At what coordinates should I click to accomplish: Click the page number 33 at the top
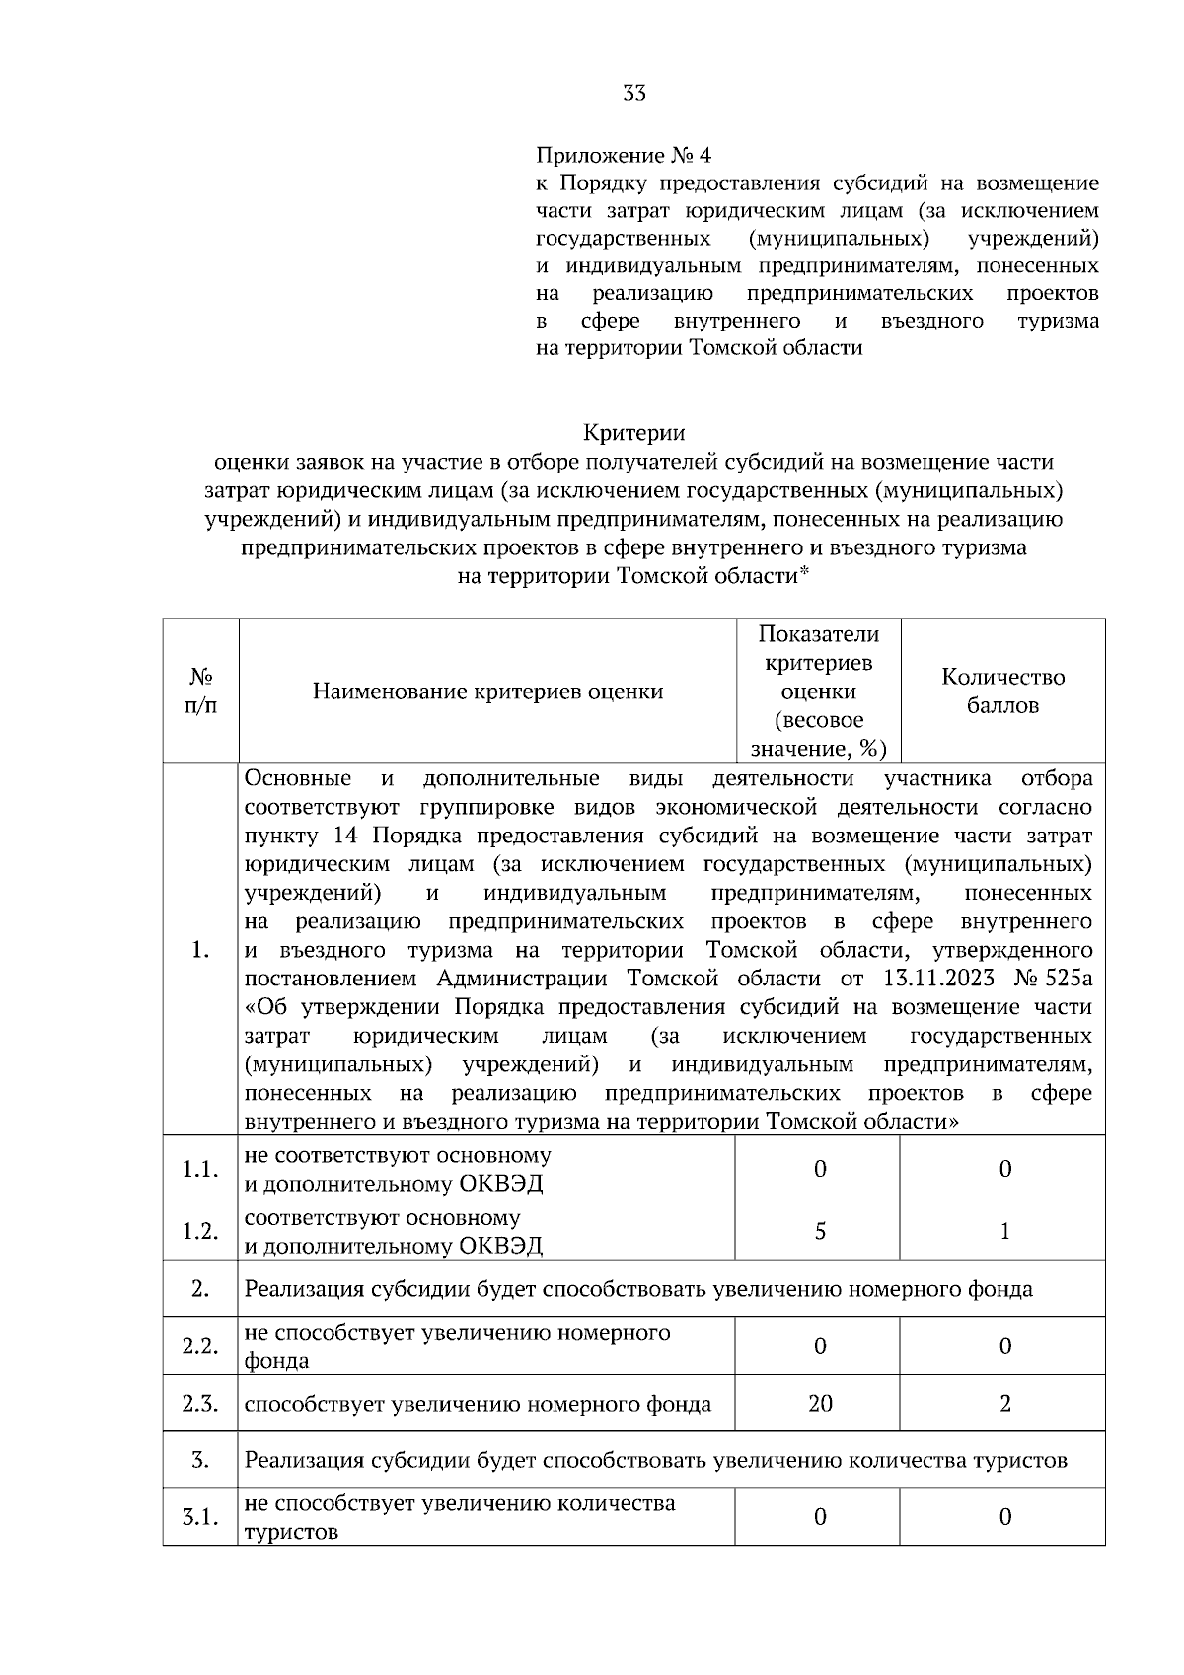tap(634, 94)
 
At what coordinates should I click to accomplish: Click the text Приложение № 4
tap(622, 156)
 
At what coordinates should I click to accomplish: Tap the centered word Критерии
tap(633, 433)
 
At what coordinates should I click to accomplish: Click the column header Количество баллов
tap(1002, 691)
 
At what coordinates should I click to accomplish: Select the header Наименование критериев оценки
tap(487, 692)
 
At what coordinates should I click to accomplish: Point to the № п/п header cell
tap(200, 691)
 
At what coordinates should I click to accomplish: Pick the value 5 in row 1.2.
tap(819, 1231)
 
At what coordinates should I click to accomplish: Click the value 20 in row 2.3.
tap(819, 1403)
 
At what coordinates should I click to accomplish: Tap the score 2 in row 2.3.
tap(1004, 1403)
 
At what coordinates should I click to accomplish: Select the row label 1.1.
tap(200, 1169)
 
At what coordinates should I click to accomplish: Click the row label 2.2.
tap(200, 1347)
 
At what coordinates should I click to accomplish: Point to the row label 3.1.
tap(200, 1517)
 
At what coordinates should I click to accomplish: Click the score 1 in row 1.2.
tap(1004, 1231)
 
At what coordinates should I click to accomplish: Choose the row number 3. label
tap(200, 1460)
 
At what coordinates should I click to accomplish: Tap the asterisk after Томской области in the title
tap(804, 573)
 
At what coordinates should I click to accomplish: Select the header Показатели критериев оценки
tap(818, 691)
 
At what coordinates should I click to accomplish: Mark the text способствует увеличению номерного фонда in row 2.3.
tap(478, 1404)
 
